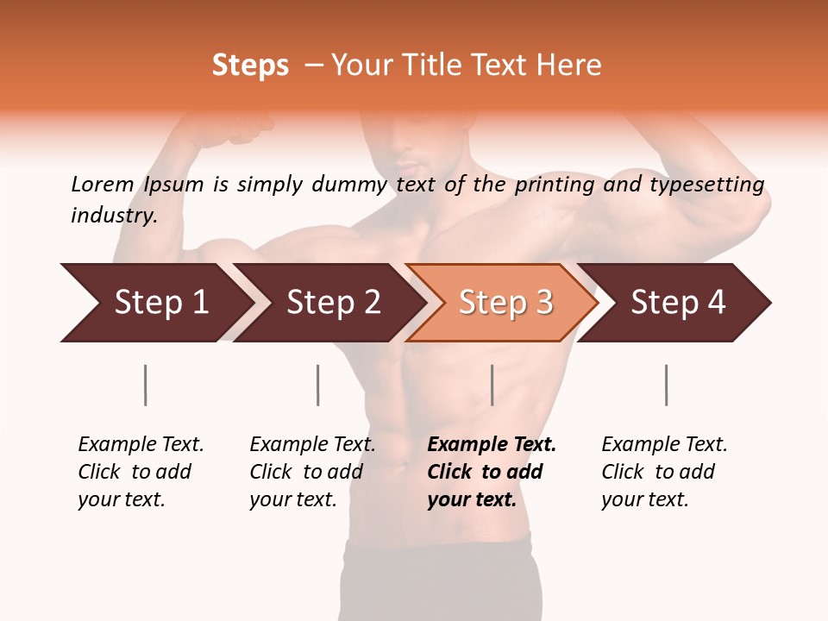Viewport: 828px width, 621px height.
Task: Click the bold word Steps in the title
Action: click(x=250, y=66)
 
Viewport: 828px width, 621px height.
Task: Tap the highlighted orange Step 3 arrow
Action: click(x=505, y=303)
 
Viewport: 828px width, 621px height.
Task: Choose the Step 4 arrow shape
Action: click(x=678, y=303)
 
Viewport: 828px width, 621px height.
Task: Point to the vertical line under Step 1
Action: click(x=146, y=385)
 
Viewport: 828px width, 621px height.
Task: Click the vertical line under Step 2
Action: click(x=318, y=385)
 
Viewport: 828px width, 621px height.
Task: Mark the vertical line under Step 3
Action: click(x=492, y=385)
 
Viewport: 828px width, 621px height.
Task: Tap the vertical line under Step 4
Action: click(x=667, y=385)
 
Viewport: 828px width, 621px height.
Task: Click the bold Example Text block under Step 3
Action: click(x=492, y=472)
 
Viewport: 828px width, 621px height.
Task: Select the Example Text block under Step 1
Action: click(x=141, y=472)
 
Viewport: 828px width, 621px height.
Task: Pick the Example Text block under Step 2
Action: click(x=312, y=472)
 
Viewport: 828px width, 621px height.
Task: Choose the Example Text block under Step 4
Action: click(x=664, y=472)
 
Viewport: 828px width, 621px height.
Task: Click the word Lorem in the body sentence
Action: click(x=102, y=185)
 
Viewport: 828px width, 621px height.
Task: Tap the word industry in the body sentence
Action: click(x=114, y=216)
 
